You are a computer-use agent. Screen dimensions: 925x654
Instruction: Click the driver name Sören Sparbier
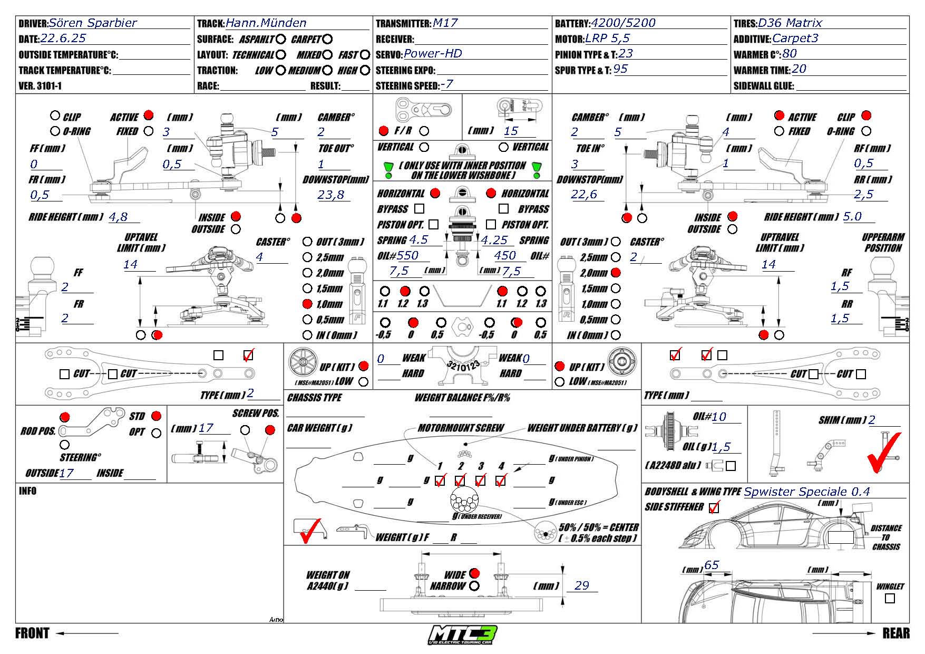coord(93,23)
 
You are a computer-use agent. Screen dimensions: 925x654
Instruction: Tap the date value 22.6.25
coord(63,38)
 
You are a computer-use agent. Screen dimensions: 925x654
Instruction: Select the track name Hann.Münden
coord(266,23)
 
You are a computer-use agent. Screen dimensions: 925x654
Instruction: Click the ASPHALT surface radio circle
coord(280,39)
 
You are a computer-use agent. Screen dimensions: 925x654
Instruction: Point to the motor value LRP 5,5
coord(607,38)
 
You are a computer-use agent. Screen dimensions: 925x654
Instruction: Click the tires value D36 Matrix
coord(790,23)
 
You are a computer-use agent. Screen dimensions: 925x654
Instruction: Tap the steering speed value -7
coord(446,84)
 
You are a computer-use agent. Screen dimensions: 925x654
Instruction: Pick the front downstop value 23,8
coord(330,195)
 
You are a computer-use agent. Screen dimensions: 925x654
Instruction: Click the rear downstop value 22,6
coord(584,195)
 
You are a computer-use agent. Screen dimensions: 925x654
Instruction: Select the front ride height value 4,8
coord(118,216)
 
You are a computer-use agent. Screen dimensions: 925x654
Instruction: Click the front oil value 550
coord(407,255)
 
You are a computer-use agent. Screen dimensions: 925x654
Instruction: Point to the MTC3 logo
coord(463,634)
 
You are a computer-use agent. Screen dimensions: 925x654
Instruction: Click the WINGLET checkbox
coord(890,598)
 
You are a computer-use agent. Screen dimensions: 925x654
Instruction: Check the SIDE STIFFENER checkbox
coord(714,508)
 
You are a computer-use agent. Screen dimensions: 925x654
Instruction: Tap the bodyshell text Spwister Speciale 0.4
coord(806,492)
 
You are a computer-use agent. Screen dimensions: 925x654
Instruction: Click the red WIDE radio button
coord(474,573)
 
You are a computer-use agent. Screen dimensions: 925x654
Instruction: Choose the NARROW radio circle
coord(474,586)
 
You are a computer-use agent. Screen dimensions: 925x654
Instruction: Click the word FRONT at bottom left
coord(32,633)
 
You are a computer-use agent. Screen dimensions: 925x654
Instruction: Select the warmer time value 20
coord(799,69)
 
